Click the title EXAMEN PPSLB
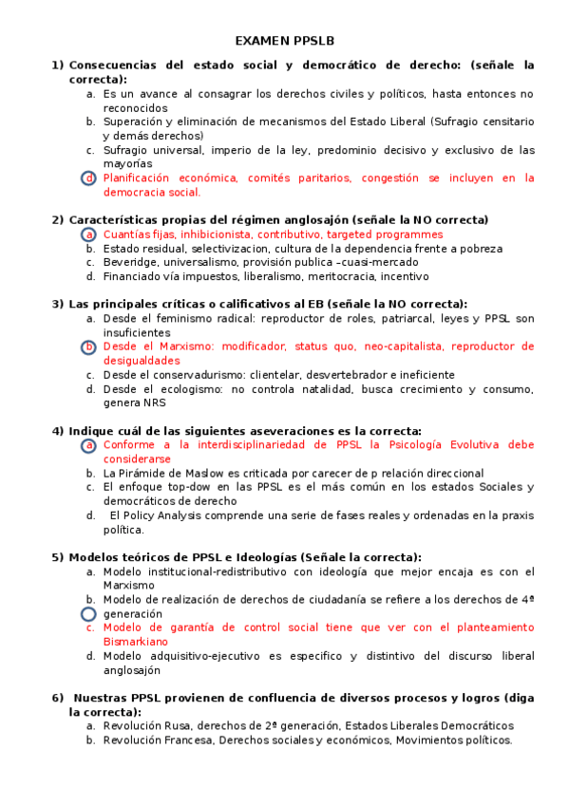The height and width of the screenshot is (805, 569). pyautogui.click(x=284, y=42)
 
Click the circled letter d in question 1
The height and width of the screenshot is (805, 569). pyautogui.click(x=89, y=178)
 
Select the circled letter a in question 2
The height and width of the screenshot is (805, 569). pyautogui.click(x=89, y=234)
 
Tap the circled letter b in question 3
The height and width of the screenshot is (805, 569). pyautogui.click(x=89, y=347)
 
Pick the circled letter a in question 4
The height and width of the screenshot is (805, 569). pyautogui.click(x=89, y=445)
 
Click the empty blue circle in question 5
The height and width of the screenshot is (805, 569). pyautogui.click(x=89, y=614)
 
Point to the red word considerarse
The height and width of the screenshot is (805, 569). pyautogui.click(x=137, y=459)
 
